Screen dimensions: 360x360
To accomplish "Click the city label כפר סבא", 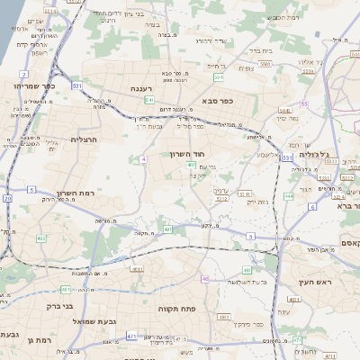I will [218, 101].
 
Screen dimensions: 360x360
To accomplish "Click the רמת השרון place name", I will [76, 193].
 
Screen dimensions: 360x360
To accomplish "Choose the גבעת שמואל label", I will [117, 321].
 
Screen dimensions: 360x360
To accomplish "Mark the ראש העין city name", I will [318, 282].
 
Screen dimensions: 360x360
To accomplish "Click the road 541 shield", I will [149, 100].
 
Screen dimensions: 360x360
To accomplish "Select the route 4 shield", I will [142, 158].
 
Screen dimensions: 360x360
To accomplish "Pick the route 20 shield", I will [7, 198].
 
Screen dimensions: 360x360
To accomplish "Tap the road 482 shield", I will [41, 238].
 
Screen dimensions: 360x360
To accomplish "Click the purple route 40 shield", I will [205, 279].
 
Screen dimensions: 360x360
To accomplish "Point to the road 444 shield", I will [289, 195].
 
